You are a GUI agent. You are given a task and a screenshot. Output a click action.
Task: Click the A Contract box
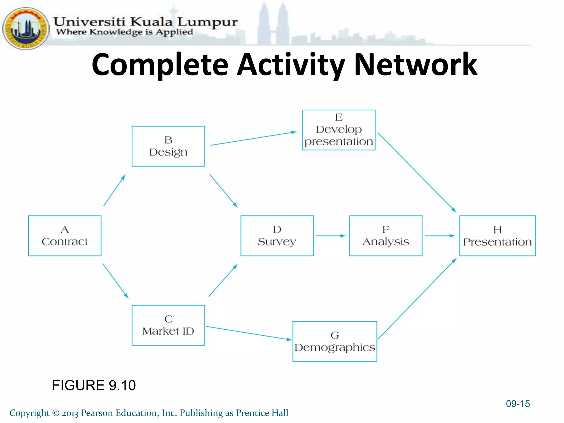pyautogui.click(x=65, y=236)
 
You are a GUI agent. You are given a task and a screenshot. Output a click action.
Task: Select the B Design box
pyautogui.click(x=168, y=146)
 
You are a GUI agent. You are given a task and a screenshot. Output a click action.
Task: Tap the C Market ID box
pyautogui.click(x=168, y=325)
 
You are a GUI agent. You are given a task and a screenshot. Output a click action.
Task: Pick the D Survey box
pyautogui.click(x=277, y=236)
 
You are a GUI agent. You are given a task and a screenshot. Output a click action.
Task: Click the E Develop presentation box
pyautogui.click(x=339, y=130)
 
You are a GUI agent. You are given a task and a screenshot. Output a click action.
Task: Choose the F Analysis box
pyautogui.click(x=386, y=236)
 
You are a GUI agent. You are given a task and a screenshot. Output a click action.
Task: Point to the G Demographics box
pyautogui.click(x=335, y=341)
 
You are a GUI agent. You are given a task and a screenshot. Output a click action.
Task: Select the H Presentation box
pyautogui.click(x=497, y=236)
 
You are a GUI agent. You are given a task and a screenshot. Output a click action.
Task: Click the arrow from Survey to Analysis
pyautogui.click(x=330, y=236)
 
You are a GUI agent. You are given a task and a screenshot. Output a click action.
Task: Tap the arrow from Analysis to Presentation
pyautogui.click(x=440, y=236)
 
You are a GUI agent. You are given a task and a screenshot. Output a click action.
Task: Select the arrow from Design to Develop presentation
pyautogui.click(x=253, y=139)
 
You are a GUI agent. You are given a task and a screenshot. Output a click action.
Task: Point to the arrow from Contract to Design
pyautogui.click(x=114, y=190)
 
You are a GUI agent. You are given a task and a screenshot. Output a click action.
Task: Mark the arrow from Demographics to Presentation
pyautogui.click(x=417, y=299)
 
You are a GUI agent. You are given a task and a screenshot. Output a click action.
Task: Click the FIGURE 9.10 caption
pyautogui.click(x=94, y=385)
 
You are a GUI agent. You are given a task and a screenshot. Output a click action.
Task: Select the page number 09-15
pyautogui.click(x=518, y=404)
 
